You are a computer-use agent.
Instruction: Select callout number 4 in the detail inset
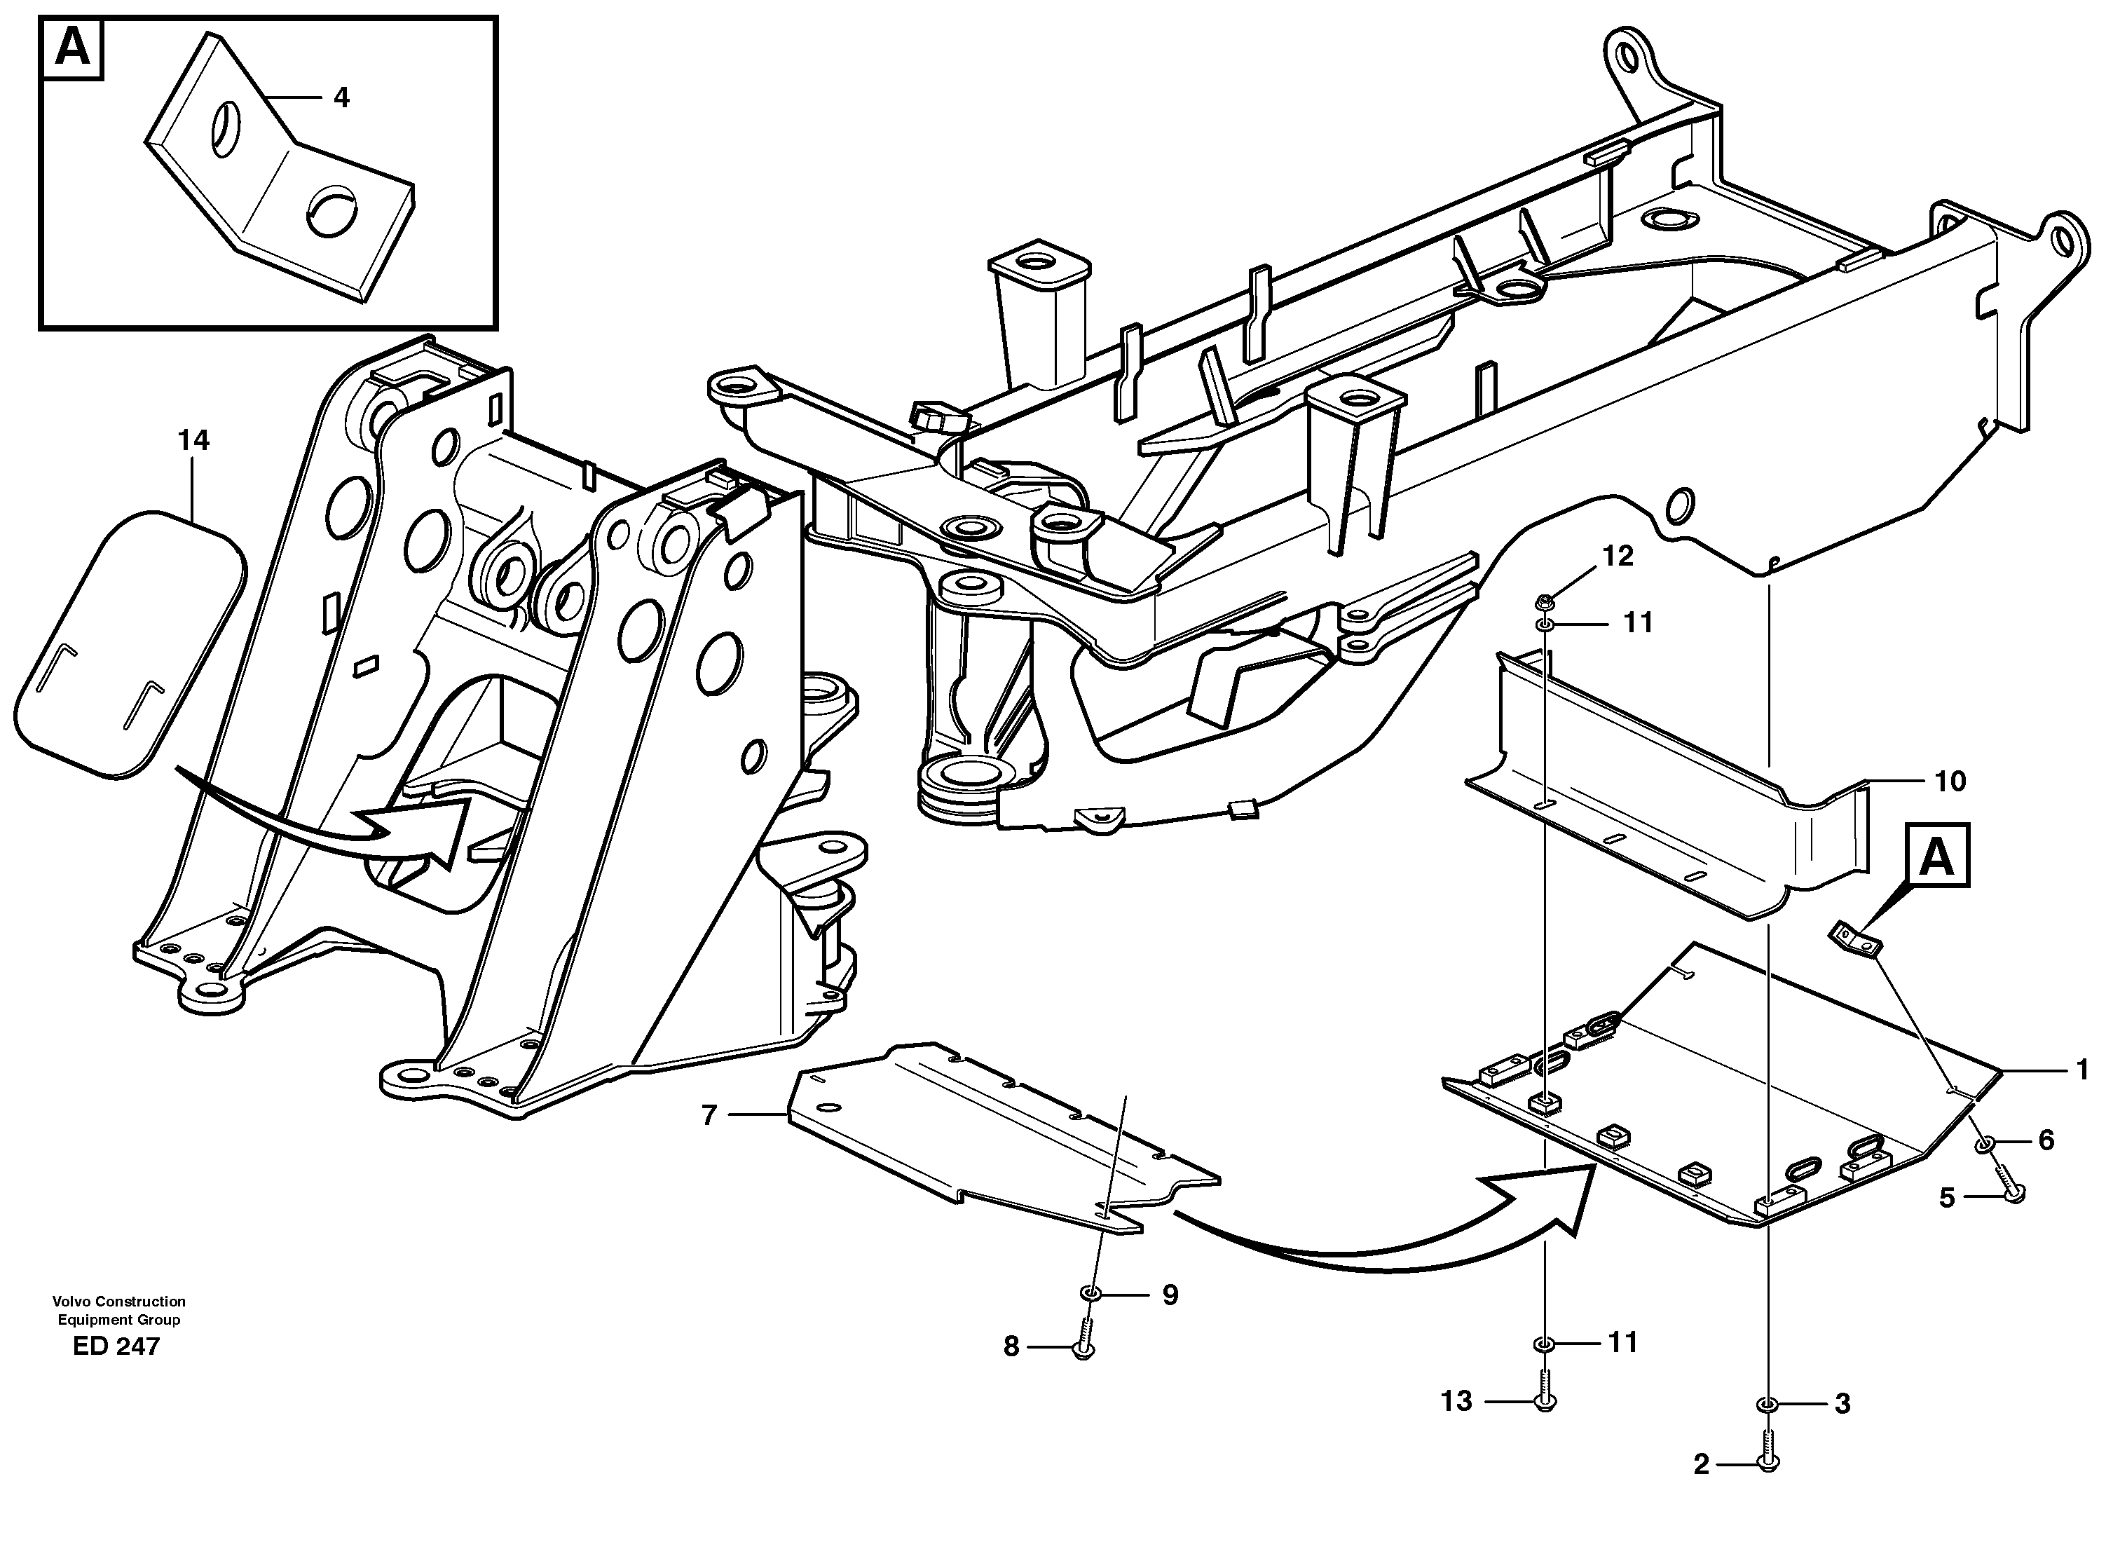[x=341, y=97]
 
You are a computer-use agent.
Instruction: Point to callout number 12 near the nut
[x=1618, y=556]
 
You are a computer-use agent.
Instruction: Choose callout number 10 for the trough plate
[x=1950, y=781]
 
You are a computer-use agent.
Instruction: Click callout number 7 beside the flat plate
[x=709, y=1115]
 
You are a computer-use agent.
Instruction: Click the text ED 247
[x=116, y=1346]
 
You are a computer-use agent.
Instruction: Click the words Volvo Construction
[x=119, y=1302]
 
